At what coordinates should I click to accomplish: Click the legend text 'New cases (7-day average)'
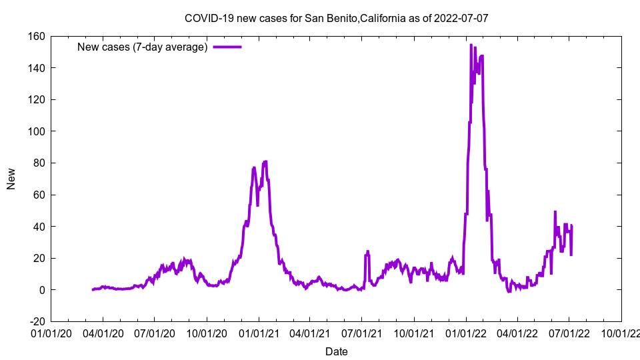[143, 47]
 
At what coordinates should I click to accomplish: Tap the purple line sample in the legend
[227, 47]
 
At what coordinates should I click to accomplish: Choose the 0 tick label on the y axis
[41, 290]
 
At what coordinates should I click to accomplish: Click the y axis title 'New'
[11, 179]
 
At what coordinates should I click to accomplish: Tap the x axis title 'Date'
[336, 351]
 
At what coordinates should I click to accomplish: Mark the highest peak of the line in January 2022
[471, 45]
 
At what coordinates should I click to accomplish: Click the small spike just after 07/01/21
[367, 252]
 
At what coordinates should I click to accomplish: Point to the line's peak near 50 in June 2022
[555, 212]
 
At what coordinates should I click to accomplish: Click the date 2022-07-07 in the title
[461, 18]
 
